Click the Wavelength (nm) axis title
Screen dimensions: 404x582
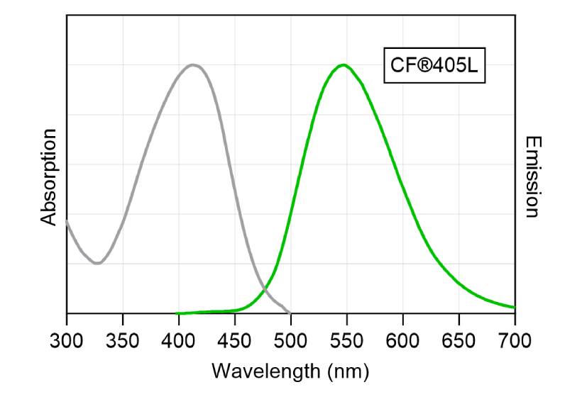tap(290, 370)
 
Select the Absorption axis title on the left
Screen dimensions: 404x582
tap(48, 177)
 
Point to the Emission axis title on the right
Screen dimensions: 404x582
tap(533, 177)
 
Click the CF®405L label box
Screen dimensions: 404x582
tap(434, 65)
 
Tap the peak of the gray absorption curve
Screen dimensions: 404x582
tap(192, 64)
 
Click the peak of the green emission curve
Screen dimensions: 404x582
tap(344, 64)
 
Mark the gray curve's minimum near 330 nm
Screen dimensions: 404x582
tap(97, 264)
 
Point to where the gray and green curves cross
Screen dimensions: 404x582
tap(265, 288)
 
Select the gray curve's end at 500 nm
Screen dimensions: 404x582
tap(290, 313)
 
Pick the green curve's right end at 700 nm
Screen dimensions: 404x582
tap(514, 308)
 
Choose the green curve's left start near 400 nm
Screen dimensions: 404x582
tap(177, 313)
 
